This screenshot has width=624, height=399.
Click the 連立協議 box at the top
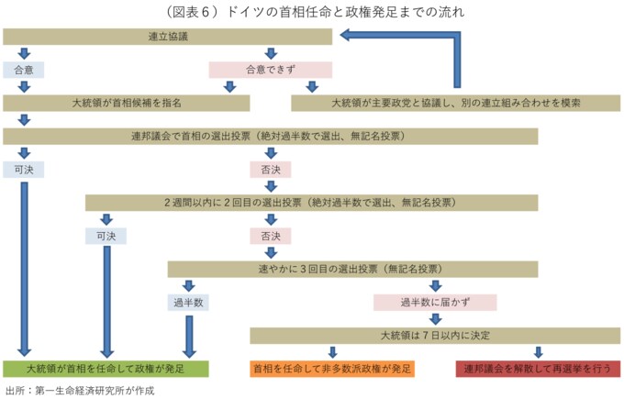[x=168, y=37]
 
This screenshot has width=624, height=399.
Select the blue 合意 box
[x=24, y=70]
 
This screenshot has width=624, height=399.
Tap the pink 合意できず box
[x=271, y=70]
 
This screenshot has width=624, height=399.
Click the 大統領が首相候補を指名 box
[x=126, y=103]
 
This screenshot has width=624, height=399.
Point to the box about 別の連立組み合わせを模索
[x=456, y=103]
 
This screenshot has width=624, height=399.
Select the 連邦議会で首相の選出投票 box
[x=270, y=137]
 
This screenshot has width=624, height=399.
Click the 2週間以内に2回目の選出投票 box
[x=312, y=203]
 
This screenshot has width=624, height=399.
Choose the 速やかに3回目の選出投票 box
[x=352, y=270]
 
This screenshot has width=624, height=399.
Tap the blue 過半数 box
[x=188, y=303]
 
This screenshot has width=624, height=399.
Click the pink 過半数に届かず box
[x=435, y=303]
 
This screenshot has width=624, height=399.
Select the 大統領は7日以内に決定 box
[x=435, y=336]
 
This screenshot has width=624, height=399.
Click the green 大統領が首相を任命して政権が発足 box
[x=106, y=369]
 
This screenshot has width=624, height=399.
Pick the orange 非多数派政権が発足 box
[x=332, y=369]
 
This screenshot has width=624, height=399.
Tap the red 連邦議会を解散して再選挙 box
[x=538, y=369]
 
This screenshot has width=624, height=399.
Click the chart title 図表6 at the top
[x=315, y=12]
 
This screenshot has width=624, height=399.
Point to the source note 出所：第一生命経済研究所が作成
[x=80, y=391]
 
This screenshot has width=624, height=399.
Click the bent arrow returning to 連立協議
[x=457, y=36]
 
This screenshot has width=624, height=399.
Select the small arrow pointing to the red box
[x=539, y=352]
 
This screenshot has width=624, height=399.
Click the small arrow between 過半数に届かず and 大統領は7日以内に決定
[x=435, y=319]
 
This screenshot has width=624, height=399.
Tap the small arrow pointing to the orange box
[x=333, y=352]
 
